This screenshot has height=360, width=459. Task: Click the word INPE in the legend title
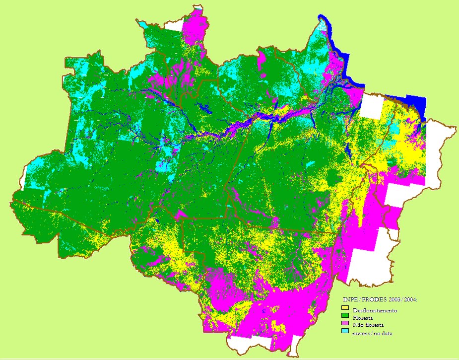350,300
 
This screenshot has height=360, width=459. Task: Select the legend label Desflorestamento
375,311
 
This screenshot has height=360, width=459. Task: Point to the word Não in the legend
358,325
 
